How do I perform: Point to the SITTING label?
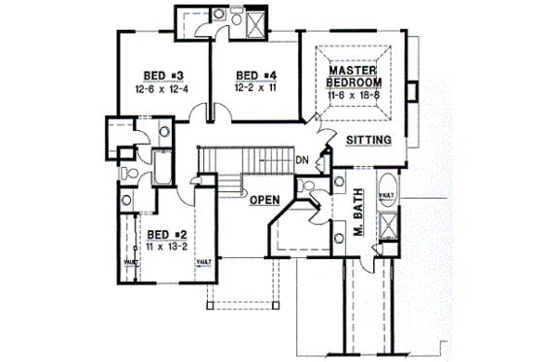click(369, 141)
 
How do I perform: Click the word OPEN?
click(264, 200)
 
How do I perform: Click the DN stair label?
click(301, 160)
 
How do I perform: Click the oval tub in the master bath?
click(385, 191)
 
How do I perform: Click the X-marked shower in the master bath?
click(387, 228)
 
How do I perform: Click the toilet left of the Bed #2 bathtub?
click(129, 172)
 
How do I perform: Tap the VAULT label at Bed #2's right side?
click(204, 262)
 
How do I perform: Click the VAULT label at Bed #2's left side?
click(129, 262)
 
